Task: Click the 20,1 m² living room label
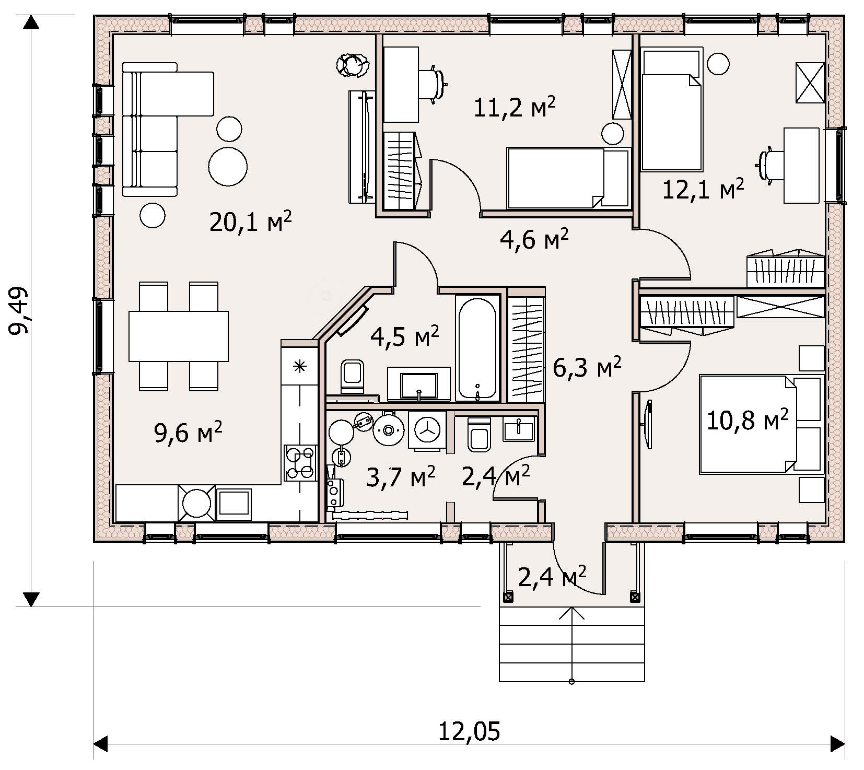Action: point(250,222)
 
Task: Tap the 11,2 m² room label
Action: point(515,107)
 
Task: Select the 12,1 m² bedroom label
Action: point(703,189)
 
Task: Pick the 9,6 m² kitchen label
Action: point(189,432)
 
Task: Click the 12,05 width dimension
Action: point(469,731)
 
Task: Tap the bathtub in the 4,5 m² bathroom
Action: point(477,348)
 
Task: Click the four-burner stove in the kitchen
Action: point(300,462)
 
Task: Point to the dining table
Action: point(179,336)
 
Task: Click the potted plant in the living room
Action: point(354,65)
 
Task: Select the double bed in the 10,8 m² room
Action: point(760,424)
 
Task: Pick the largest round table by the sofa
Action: point(228,166)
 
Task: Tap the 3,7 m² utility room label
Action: point(401,477)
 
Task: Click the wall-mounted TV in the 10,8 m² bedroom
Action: point(648,424)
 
